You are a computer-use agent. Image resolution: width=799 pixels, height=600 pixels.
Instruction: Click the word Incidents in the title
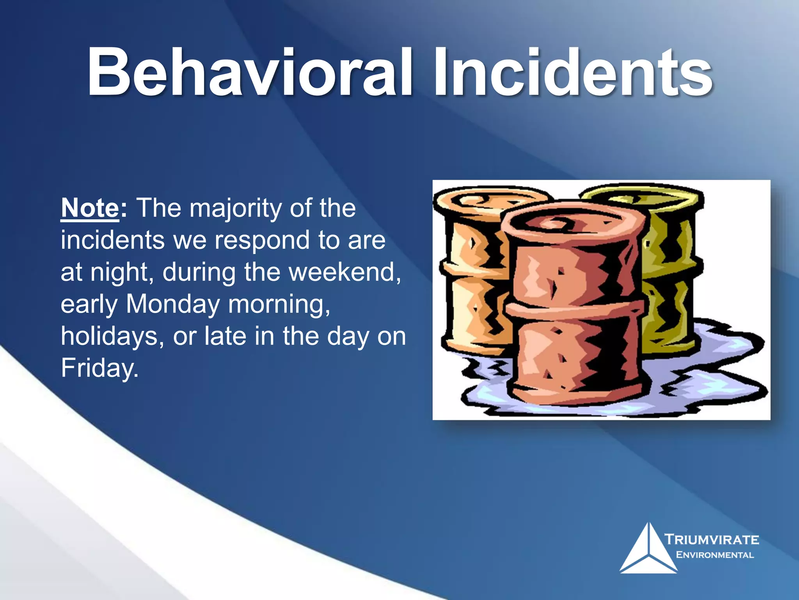click(x=574, y=72)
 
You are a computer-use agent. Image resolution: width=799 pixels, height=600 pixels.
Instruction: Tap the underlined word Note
click(x=90, y=208)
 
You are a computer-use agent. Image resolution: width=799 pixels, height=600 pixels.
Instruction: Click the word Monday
click(x=173, y=304)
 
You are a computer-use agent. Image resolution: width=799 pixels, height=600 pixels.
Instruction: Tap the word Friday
click(x=99, y=368)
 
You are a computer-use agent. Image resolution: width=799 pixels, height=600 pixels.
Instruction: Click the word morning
click(x=279, y=305)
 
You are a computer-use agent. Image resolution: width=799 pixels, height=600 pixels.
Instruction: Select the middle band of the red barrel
click(x=574, y=309)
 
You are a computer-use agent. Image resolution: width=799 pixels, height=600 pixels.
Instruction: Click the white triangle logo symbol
click(x=648, y=551)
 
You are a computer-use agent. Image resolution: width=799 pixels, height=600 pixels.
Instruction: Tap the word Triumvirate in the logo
click(x=712, y=540)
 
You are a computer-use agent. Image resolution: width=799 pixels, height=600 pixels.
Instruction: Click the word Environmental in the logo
click(x=715, y=555)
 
